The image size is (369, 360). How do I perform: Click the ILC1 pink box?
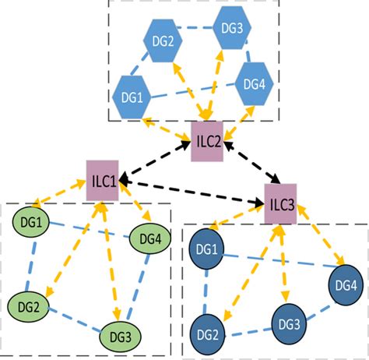[x=102, y=181]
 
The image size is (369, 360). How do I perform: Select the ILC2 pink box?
[x=207, y=141]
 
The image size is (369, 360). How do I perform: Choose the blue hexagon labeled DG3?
[x=230, y=29]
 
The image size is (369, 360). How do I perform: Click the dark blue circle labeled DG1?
[x=207, y=250]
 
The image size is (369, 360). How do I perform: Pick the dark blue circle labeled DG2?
[x=206, y=333]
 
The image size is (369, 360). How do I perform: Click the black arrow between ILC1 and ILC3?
[x=191, y=192]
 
